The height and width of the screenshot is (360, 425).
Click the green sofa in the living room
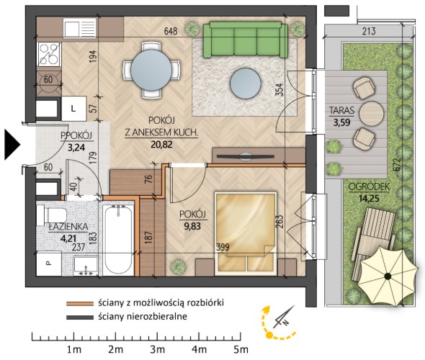tap(246, 40)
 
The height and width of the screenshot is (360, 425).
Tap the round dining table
tap(151, 70)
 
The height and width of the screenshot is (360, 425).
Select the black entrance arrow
tap(12, 145)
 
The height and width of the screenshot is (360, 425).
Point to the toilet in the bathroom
tap(52, 215)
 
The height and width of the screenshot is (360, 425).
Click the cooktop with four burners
tap(48, 54)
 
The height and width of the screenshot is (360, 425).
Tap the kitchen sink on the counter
tap(80, 27)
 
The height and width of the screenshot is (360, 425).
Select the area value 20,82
tap(162, 145)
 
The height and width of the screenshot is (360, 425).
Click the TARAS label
tap(341, 110)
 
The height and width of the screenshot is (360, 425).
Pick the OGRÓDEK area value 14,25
tap(369, 199)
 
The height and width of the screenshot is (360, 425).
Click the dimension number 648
tap(171, 31)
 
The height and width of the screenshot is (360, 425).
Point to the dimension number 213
tap(369, 31)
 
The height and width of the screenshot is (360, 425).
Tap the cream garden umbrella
tap(388, 276)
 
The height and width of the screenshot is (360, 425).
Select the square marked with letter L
tap(73, 109)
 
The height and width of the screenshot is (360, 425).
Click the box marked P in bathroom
tap(49, 264)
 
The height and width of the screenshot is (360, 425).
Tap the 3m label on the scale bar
tap(158, 349)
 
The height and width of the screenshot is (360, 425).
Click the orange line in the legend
tap(80, 303)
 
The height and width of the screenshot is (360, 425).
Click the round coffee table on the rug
tap(246, 84)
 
